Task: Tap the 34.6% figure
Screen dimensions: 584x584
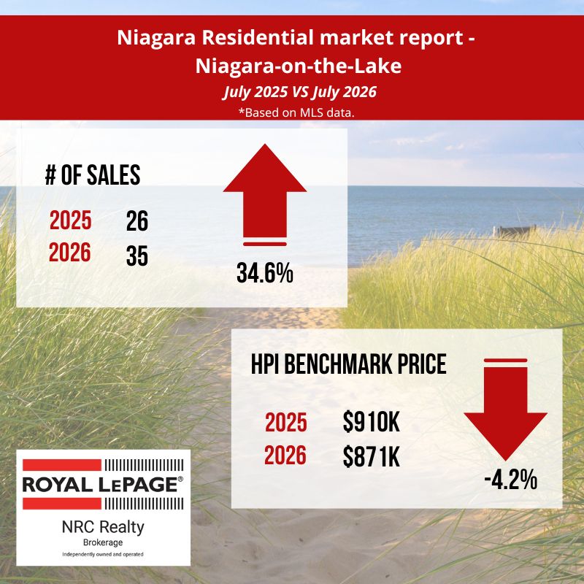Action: pyautogui.click(x=265, y=273)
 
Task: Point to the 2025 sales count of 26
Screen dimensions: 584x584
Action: pyautogui.click(x=137, y=221)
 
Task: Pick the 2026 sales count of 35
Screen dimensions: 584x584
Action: pyautogui.click(x=137, y=256)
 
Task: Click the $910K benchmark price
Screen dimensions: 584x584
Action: pyautogui.click(x=372, y=423)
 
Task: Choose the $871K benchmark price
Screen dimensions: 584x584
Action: pyautogui.click(x=372, y=457)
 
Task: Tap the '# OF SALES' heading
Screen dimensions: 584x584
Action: pyautogui.click(x=93, y=175)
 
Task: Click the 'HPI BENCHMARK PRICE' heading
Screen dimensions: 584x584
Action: pyautogui.click(x=349, y=364)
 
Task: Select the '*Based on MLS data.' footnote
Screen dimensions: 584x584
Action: pyautogui.click(x=296, y=112)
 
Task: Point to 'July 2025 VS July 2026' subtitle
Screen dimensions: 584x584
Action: pyautogui.click(x=300, y=92)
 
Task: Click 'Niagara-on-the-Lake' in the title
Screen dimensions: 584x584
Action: pyautogui.click(x=299, y=66)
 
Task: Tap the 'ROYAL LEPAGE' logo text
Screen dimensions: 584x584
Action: pyautogui.click(x=102, y=484)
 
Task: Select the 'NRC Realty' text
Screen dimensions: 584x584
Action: pyautogui.click(x=103, y=527)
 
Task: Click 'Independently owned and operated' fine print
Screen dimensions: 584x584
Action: pyautogui.click(x=103, y=554)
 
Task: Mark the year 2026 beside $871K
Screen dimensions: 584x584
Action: pyautogui.click(x=285, y=455)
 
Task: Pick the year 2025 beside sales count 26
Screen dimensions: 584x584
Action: pyautogui.click(x=70, y=220)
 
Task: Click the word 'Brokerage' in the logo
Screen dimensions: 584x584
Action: pyautogui.click(x=103, y=542)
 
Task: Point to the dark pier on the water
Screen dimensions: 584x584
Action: pyautogui.click(x=515, y=231)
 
